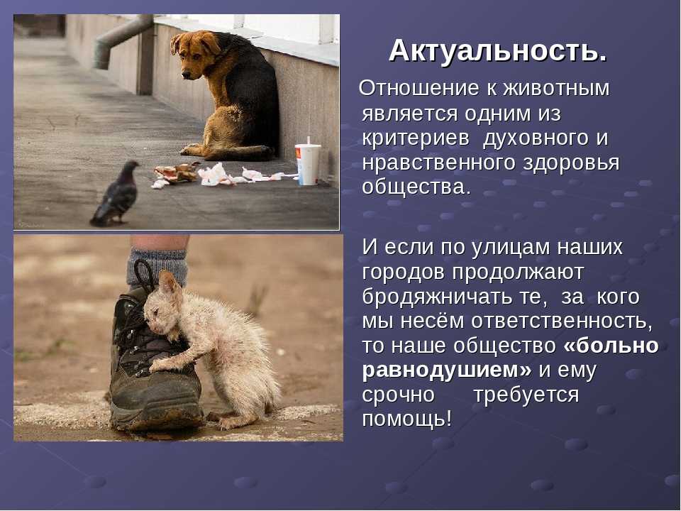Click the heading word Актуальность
pyautogui.click(x=498, y=51)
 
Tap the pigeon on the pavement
pyautogui.click(x=116, y=193)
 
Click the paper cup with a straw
pyautogui.click(x=307, y=162)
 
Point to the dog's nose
pyautogui.click(x=186, y=75)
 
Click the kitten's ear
pyautogui.click(x=169, y=282)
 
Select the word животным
pyautogui.click(x=556, y=89)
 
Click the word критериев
pyautogui.click(x=416, y=139)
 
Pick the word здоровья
pyautogui.click(x=571, y=164)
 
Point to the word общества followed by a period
pyautogui.click(x=416, y=187)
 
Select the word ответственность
pyautogui.click(x=562, y=322)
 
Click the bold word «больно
pyautogui.click(x=611, y=346)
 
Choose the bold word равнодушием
pyautogui.click(x=446, y=370)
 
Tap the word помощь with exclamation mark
pyautogui.click(x=407, y=419)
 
